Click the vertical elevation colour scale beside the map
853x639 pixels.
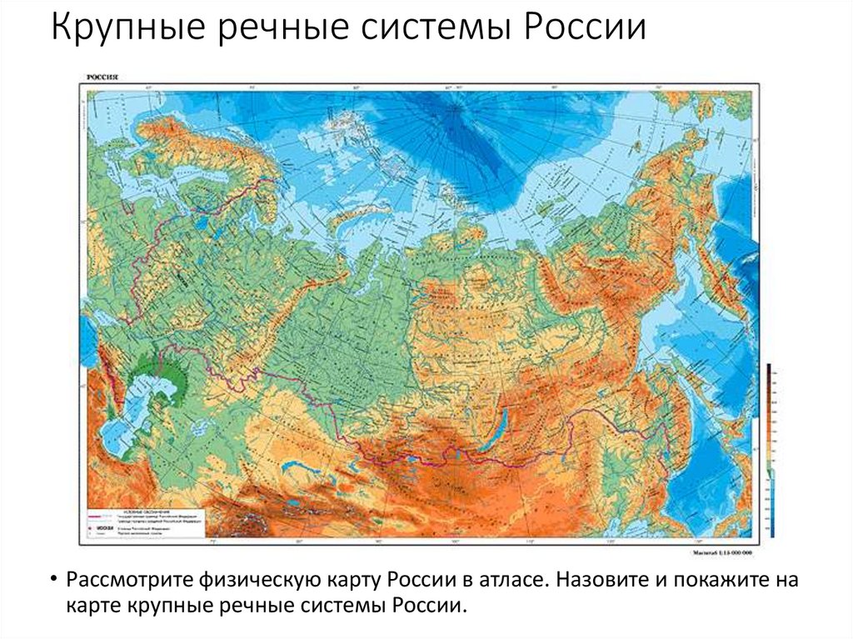click(769, 450)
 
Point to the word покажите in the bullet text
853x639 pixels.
click(712, 579)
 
